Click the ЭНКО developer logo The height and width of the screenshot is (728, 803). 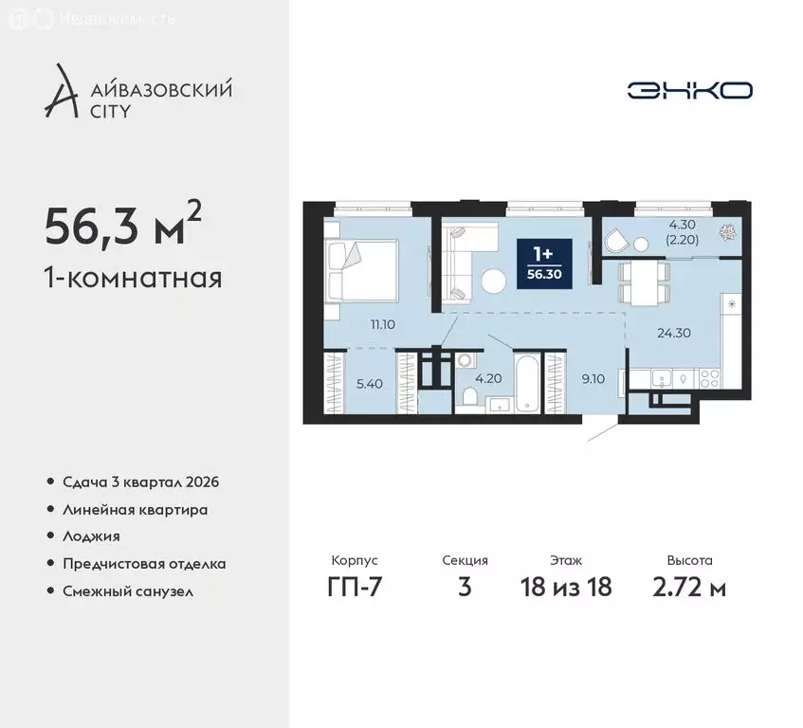(x=689, y=90)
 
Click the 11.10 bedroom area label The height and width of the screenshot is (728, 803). (x=383, y=323)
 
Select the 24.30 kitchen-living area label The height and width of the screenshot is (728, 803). (x=673, y=333)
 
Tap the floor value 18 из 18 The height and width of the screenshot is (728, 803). (x=566, y=588)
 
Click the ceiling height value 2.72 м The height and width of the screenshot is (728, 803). (x=689, y=588)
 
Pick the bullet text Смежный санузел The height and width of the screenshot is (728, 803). (x=128, y=591)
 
